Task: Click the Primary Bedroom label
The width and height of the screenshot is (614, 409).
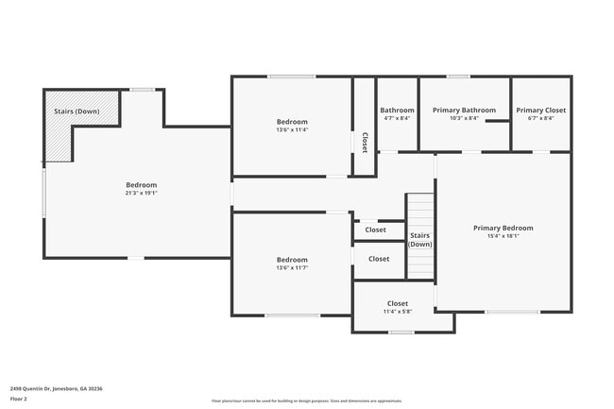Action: pyautogui.click(x=503, y=228)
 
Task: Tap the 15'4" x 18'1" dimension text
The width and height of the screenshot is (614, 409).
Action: pyautogui.click(x=503, y=236)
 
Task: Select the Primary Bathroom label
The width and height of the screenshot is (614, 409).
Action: pyautogui.click(x=464, y=111)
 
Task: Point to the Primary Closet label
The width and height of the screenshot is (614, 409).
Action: pyautogui.click(x=541, y=111)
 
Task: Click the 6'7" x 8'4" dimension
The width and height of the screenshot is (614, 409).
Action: pyautogui.click(x=541, y=119)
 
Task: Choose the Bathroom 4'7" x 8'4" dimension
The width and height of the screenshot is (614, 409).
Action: pyautogui.click(x=397, y=119)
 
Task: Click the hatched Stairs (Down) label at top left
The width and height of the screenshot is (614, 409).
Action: pyautogui.click(x=77, y=111)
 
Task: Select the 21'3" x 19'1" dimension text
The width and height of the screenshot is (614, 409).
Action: pyautogui.click(x=142, y=193)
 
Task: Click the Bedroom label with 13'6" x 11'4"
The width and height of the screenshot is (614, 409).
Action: pyautogui.click(x=292, y=122)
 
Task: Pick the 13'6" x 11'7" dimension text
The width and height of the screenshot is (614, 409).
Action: pyautogui.click(x=292, y=268)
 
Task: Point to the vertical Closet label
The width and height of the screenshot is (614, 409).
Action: pyautogui.click(x=365, y=142)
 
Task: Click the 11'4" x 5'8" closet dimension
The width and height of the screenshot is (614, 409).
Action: pyautogui.click(x=398, y=312)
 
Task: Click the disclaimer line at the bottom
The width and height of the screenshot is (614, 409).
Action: pyautogui.click(x=306, y=401)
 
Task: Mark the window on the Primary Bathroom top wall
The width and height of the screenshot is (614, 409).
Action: pyautogui.click(x=458, y=77)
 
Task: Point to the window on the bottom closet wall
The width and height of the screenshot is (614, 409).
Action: pyautogui.click(x=401, y=332)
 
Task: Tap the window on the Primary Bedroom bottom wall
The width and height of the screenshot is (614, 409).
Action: pyautogui.click(x=512, y=313)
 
